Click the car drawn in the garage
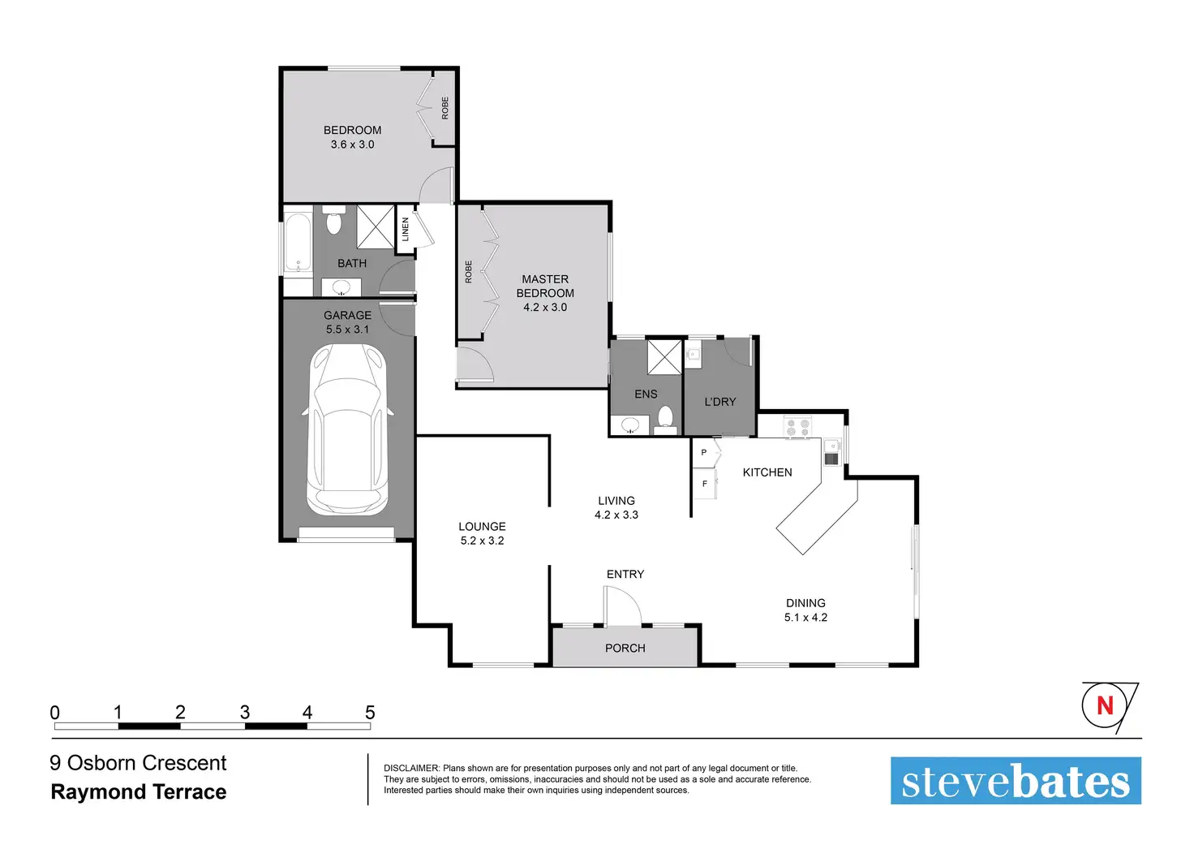pyautogui.click(x=347, y=429)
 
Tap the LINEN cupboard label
pyautogui.click(x=405, y=230)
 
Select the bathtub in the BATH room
pyautogui.click(x=298, y=243)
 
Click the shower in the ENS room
pyautogui.click(x=664, y=357)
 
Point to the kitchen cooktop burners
pyautogui.click(x=797, y=427)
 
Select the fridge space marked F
pyautogui.click(x=705, y=484)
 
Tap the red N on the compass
pyautogui.click(x=1105, y=705)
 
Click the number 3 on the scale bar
pyautogui.click(x=245, y=712)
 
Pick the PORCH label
pyautogui.click(x=625, y=648)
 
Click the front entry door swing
pyautogui.click(x=623, y=606)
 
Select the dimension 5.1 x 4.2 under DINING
pyautogui.click(x=805, y=618)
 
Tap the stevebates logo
pyautogui.click(x=1016, y=780)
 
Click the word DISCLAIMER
pyautogui.click(x=411, y=768)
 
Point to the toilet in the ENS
pyautogui.click(x=665, y=418)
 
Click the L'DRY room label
pyautogui.click(x=719, y=402)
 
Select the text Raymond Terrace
pyautogui.click(x=139, y=792)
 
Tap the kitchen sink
pyautogui.click(x=831, y=452)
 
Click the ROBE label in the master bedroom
pyautogui.click(x=469, y=272)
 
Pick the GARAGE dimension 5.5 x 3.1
pyautogui.click(x=347, y=330)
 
